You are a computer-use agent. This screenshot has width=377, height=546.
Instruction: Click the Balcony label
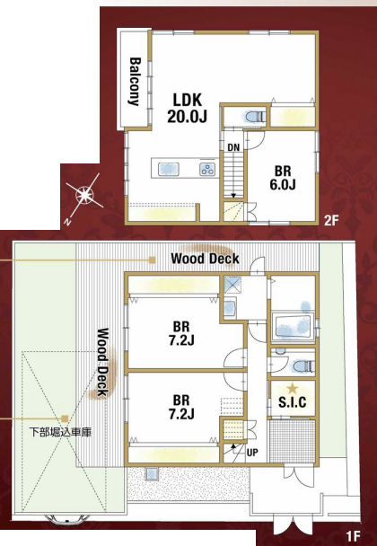pyautogui.click(x=135, y=82)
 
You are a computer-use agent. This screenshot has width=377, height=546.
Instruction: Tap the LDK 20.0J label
pyautogui.click(x=188, y=109)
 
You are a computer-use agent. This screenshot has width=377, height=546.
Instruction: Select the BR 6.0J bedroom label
pyautogui.click(x=283, y=178)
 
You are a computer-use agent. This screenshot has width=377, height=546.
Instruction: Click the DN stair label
pyautogui.click(x=233, y=147)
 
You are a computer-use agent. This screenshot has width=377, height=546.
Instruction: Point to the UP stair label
pyautogui.click(x=252, y=453)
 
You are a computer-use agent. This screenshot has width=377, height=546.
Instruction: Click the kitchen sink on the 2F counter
pyautogui.click(x=169, y=169)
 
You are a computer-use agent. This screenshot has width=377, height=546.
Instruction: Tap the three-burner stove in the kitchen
pyautogui.click(x=207, y=169)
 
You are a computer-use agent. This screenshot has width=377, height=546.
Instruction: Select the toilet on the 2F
pyautogui.click(x=254, y=117)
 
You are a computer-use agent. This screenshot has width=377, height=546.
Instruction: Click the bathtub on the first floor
pyautogui.click(x=294, y=326)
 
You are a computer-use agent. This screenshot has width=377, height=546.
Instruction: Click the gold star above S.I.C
pyautogui.click(x=293, y=388)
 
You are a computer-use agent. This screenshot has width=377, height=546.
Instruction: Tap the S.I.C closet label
pyautogui.click(x=293, y=402)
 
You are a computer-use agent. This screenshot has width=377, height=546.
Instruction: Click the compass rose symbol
pyautogui.click(x=84, y=195)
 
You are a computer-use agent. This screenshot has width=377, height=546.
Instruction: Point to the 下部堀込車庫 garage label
pyautogui.click(x=60, y=433)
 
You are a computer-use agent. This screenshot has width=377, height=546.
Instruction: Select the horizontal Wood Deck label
pyautogui.click(x=205, y=259)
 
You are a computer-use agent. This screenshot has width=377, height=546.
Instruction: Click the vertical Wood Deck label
pyautogui.click(x=101, y=362)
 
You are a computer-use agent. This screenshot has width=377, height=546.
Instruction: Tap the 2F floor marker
pyautogui.click(x=331, y=220)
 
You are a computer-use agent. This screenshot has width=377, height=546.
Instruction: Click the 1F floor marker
pyautogui.click(x=353, y=534)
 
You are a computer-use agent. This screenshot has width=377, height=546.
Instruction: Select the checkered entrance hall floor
pyautogui.click(x=292, y=441)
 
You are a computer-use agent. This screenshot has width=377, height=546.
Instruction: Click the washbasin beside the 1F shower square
pyautogui.click(x=230, y=307)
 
